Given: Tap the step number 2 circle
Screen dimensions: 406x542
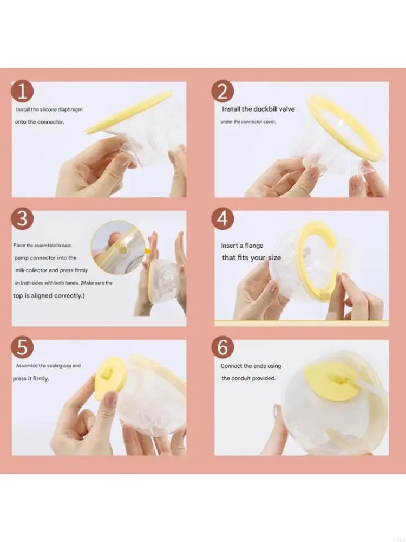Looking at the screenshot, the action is click(222, 92).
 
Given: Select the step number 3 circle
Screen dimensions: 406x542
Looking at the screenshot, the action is click(22, 219).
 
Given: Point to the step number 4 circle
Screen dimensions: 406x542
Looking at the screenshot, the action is click(222, 219).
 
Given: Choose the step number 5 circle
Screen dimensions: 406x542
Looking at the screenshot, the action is click(22, 347).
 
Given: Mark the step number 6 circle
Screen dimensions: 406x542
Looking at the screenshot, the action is click(222, 347).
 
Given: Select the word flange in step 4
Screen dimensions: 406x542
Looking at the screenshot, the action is click(254, 246).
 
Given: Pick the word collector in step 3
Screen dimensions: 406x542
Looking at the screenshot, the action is click(36, 270).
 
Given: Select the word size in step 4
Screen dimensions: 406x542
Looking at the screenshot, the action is click(274, 258).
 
